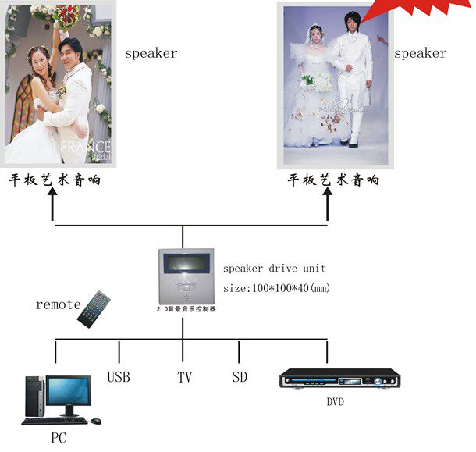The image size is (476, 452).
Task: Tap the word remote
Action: coord(58,304)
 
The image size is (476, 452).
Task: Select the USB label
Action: coord(119,377)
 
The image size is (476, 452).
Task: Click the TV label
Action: coord(184,378)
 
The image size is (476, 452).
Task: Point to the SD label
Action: coord(240,377)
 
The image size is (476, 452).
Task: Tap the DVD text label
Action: coord(335,402)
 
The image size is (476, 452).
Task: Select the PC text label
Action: coord(59,438)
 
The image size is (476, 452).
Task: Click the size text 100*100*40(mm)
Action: coord(277,288)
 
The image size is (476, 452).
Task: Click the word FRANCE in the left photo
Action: coord(87,147)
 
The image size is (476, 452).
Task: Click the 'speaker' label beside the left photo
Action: coord(151,54)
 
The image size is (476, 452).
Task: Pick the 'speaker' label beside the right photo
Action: coord(420,54)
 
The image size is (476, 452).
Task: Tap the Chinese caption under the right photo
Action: coord(333,180)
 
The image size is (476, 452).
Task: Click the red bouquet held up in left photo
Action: coord(69,16)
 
